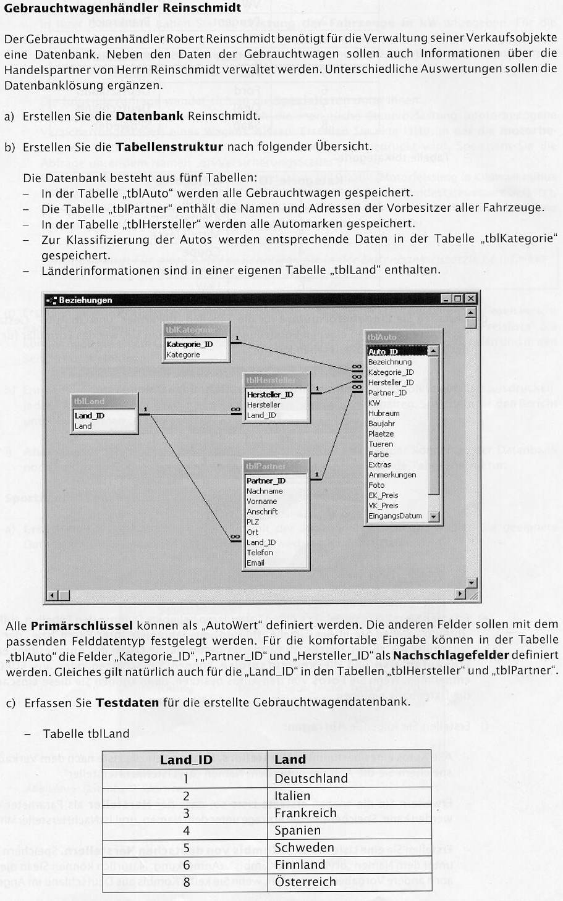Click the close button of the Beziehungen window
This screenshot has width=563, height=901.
pos(471,299)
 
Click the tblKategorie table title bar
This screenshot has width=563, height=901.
pos(195,330)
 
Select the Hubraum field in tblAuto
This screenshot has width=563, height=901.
pos(384,413)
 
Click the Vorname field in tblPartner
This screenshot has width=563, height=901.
pos(261,501)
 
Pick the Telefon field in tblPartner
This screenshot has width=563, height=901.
pos(260,553)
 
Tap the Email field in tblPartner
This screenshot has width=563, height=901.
pos(255,563)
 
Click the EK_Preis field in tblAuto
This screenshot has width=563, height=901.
pos(383,495)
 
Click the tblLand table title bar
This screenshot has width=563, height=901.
pos(103,401)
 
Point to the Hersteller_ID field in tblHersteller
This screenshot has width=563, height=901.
pos(270,395)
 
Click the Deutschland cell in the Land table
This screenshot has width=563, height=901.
pos(311,778)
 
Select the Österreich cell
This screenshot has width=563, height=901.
pos(305,882)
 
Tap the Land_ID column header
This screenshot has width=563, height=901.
pos(186,760)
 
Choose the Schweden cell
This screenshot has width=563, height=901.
pos(304,847)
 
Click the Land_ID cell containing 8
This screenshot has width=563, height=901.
pos(186,882)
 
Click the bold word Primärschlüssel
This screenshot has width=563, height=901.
pos(82,625)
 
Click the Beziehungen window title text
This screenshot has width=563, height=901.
pos(85,300)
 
